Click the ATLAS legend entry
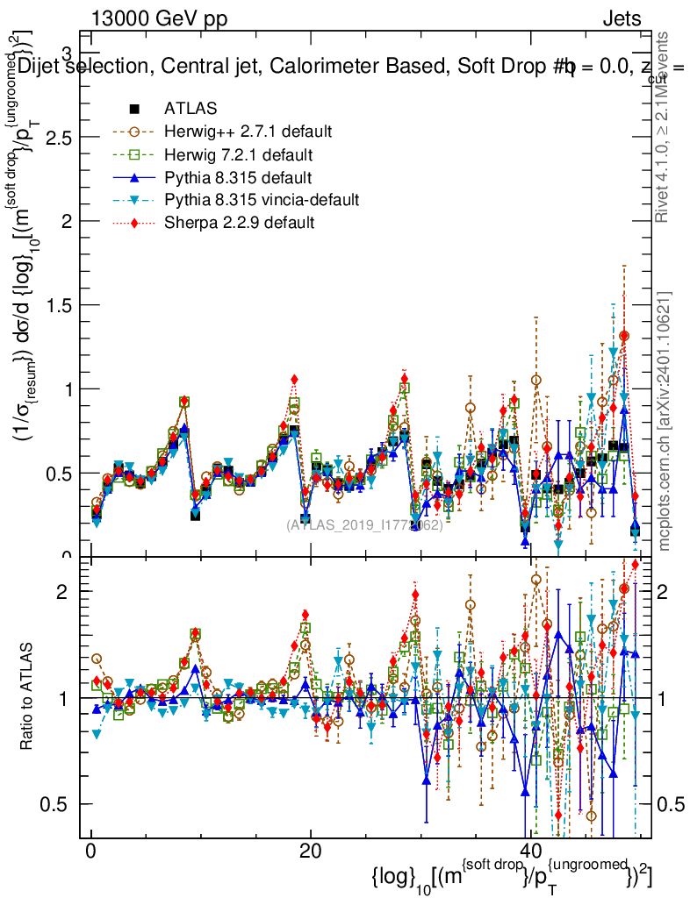tap(186, 110)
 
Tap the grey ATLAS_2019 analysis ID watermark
tap(363, 525)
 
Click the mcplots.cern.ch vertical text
tap(665, 421)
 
